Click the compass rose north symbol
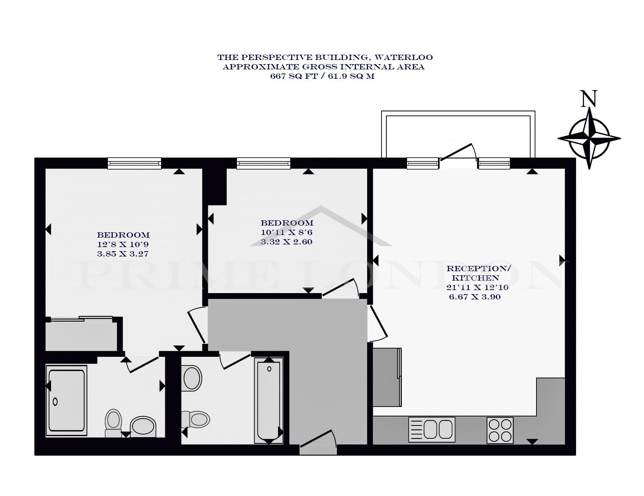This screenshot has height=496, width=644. tap(589, 138)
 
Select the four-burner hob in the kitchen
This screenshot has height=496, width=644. tap(500, 430)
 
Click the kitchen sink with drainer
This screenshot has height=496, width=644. tap(432, 430)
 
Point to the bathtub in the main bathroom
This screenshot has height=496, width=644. tap(269, 401)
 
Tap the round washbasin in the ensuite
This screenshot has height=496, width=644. tap(143, 427)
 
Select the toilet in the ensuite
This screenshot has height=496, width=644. tap(113, 423)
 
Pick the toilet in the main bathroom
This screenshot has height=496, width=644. tap(196, 419)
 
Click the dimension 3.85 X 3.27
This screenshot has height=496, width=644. tap(123, 254)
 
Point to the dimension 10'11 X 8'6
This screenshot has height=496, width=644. tap(287, 232)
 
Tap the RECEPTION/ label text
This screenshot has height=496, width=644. tap(478, 269)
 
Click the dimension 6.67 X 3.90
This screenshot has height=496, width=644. tap(475, 297)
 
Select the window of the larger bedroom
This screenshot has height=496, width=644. tap(134, 163)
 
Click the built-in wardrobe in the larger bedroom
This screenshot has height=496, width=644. tap(82, 334)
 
